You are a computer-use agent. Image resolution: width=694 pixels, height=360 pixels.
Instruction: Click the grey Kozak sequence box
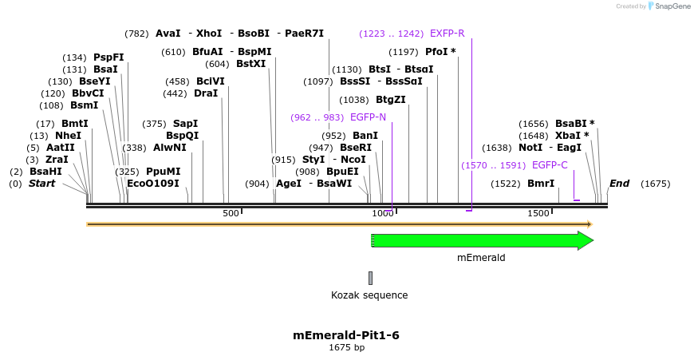coord(370,278)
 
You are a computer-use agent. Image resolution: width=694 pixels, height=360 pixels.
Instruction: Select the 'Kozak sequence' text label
coord(369,295)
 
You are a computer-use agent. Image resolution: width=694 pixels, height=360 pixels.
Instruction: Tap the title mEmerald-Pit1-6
coord(346,335)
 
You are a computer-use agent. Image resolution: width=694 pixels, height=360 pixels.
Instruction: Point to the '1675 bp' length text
coord(346,348)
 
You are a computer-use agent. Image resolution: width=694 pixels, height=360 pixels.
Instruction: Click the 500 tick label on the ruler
coord(231,214)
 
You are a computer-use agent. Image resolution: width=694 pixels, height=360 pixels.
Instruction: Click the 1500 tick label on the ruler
coord(538,214)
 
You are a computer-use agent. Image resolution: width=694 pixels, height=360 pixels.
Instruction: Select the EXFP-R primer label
coord(447,34)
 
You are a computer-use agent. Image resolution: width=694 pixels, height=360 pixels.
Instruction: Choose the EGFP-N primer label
coord(368,117)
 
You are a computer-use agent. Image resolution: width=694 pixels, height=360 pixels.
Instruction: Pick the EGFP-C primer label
coord(550,165)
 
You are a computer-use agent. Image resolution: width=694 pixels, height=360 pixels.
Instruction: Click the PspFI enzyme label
coord(108,57)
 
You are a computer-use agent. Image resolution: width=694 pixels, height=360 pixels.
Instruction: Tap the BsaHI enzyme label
coord(45,172)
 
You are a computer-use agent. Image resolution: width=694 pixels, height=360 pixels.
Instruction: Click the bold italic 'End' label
coord(619,184)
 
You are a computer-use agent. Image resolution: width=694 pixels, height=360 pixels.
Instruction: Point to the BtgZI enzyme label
coord(390,100)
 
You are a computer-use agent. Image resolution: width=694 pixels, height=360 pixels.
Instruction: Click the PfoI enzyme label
coord(440,52)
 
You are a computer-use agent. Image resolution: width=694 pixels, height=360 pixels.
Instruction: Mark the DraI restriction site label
coord(206,93)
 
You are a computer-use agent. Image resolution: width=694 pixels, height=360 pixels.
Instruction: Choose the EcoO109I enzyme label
coord(153,184)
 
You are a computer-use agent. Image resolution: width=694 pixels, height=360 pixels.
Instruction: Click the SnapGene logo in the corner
coord(666,6)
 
